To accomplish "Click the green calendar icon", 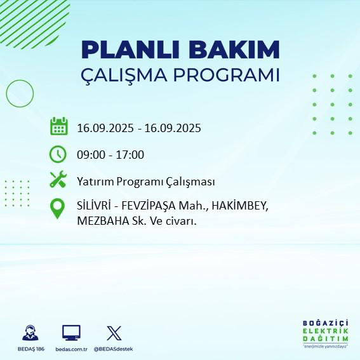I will tap(58, 126).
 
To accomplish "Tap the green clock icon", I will tap(58, 154).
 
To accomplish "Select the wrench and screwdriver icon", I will tap(58, 180).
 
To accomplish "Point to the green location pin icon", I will tap(58, 208).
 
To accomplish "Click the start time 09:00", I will tap(90, 154).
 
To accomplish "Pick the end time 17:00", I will tap(131, 154).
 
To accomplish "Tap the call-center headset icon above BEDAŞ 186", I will tap(29, 333).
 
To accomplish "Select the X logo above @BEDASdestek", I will tap(113, 333).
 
